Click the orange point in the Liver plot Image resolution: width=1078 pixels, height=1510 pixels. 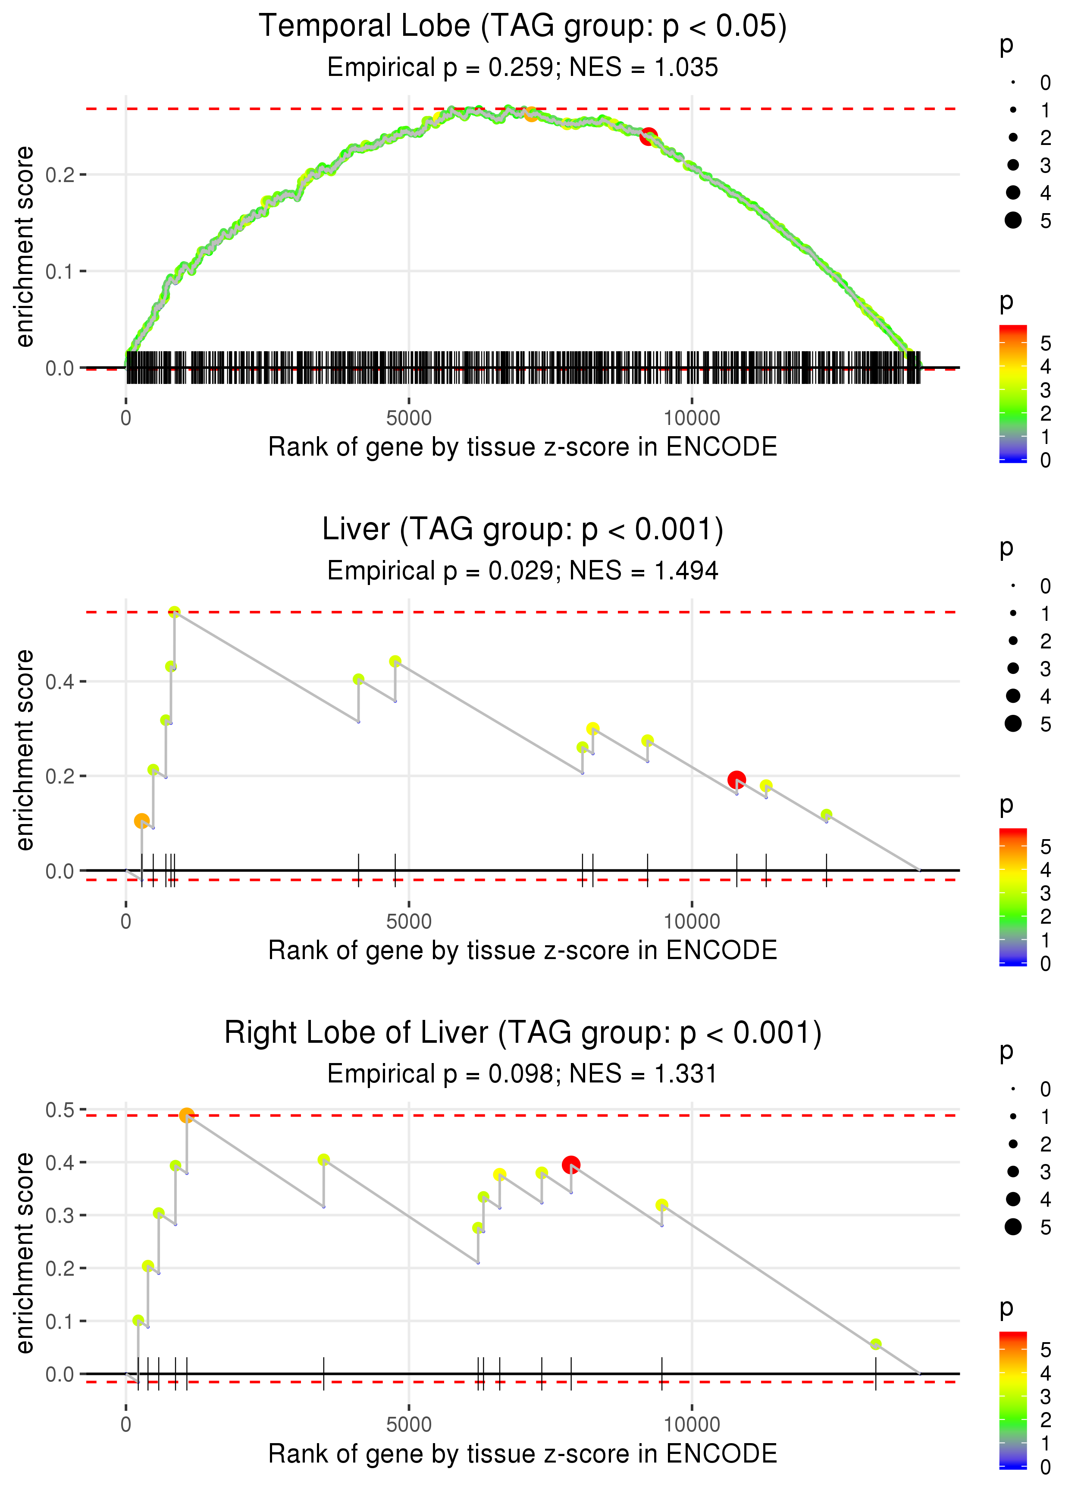tap(141, 821)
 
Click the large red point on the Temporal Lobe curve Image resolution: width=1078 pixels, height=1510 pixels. tap(649, 137)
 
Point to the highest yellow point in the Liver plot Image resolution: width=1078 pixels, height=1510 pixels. tap(174, 612)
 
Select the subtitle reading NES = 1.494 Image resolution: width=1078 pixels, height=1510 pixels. tap(523, 570)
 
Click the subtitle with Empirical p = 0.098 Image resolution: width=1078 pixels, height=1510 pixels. tap(523, 1074)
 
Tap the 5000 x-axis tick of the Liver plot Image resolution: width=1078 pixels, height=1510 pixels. tap(409, 922)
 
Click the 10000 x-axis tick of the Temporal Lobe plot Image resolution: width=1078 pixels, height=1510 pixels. tap(692, 418)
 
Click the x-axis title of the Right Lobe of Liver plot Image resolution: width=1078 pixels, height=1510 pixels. tap(523, 1453)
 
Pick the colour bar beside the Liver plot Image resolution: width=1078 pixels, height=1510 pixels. tap(1013, 897)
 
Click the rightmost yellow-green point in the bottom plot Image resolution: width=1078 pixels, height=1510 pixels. tap(875, 1345)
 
